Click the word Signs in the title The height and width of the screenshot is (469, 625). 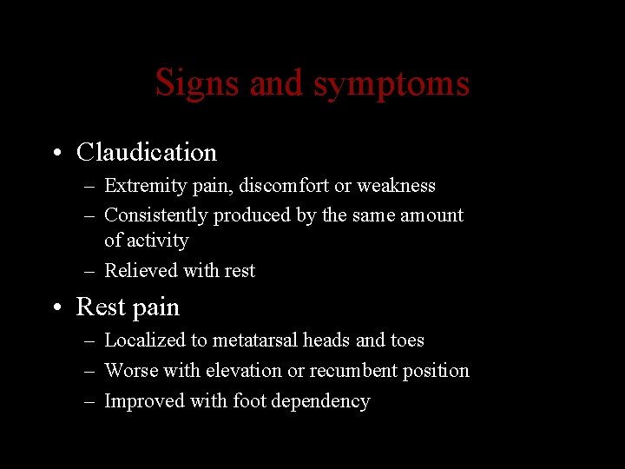point(198,84)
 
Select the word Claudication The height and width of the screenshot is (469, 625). point(146,153)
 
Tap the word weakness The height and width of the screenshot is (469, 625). point(395,186)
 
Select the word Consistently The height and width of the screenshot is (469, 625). point(155,215)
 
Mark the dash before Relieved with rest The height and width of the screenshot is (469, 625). point(90,271)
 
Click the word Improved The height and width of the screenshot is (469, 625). point(139,401)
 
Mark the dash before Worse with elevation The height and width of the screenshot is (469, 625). point(90,371)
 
